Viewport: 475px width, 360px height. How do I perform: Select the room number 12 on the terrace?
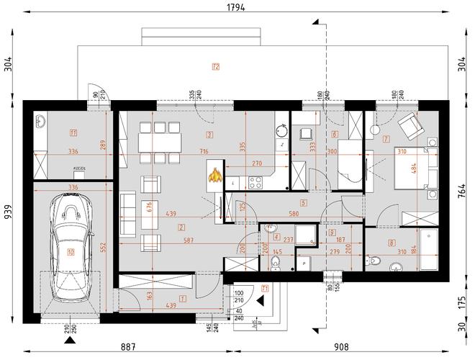click(x=215, y=67)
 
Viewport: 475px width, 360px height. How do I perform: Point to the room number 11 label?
click(x=72, y=132)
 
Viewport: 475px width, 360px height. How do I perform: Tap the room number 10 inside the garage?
click(x=71, y=252)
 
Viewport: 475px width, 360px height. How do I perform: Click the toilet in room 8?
click(x=394, y=269)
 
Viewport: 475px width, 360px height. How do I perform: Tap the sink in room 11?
click(x=41, y=123)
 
